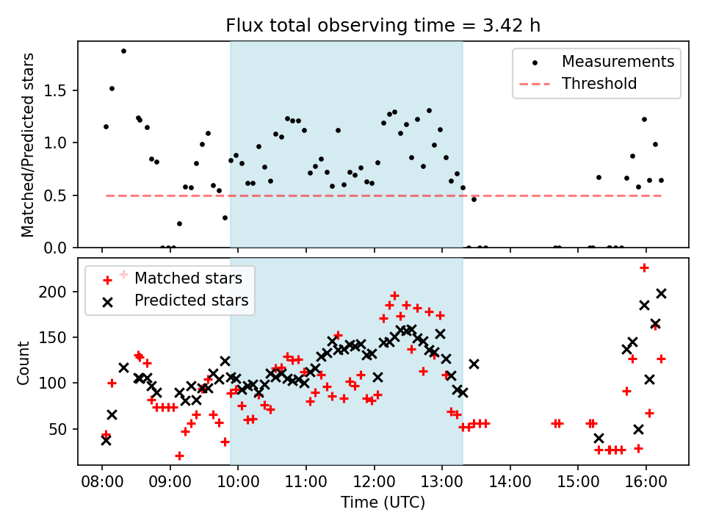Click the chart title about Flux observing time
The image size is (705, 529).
tap(383, 26)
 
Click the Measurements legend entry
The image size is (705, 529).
tap(618, 62)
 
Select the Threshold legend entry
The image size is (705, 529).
tap(599, 84)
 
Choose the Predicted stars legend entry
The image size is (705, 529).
tap(191, 301)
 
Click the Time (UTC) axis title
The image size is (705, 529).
tap(383, 503)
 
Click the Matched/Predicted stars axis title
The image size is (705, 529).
tap(28, 145)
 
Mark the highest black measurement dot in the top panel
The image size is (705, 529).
tap(123, 51)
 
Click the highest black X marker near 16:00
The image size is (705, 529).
tap(661, 293)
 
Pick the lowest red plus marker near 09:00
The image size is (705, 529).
tap(179, 456)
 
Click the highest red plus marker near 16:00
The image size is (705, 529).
tap(644, 267)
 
